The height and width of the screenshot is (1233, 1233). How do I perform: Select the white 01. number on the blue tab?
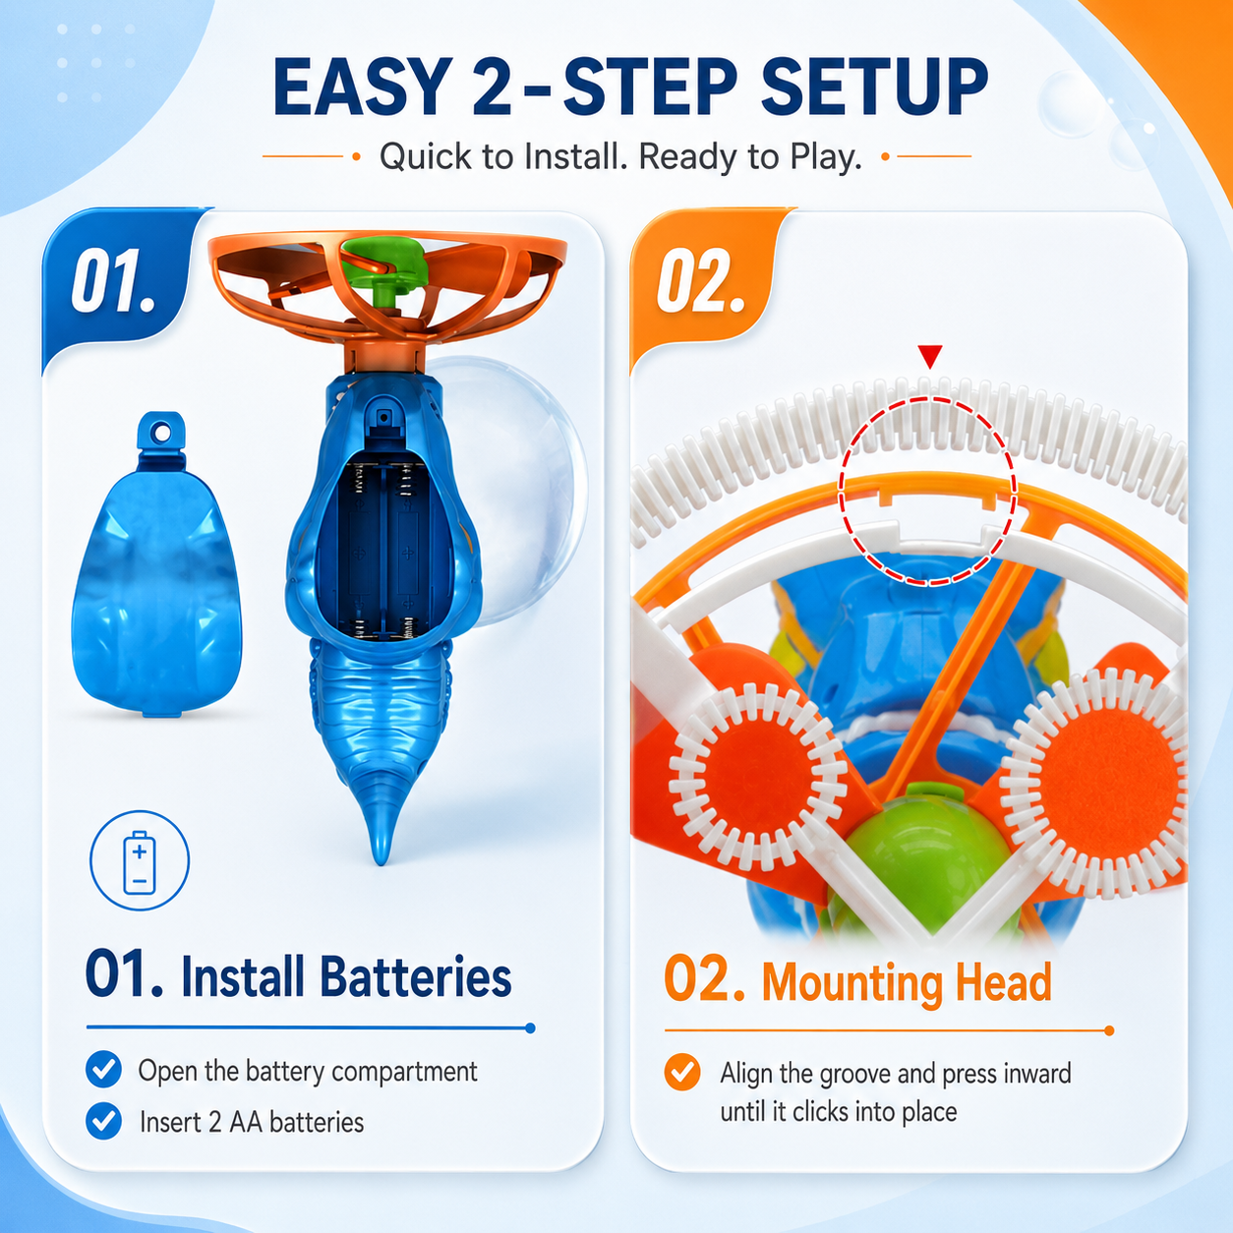pos(113,280)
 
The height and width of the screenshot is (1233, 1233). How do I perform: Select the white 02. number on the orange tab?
pos(700,280)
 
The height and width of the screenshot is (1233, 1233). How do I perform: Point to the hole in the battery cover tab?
pos(162,434)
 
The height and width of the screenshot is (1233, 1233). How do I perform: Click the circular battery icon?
pos(140,860)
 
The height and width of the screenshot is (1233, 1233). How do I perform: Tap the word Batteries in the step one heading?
pos(416,977)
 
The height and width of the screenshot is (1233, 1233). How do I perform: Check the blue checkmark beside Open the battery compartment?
pos(103,1069)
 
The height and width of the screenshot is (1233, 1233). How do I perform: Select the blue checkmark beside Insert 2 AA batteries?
pos(103,1121)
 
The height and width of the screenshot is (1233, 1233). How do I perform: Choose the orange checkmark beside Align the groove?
pos(682,1072)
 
